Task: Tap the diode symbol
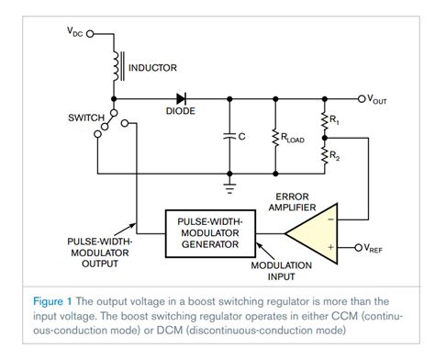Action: [x=181, y=96]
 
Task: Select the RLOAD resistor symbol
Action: [x=274, y=137]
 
